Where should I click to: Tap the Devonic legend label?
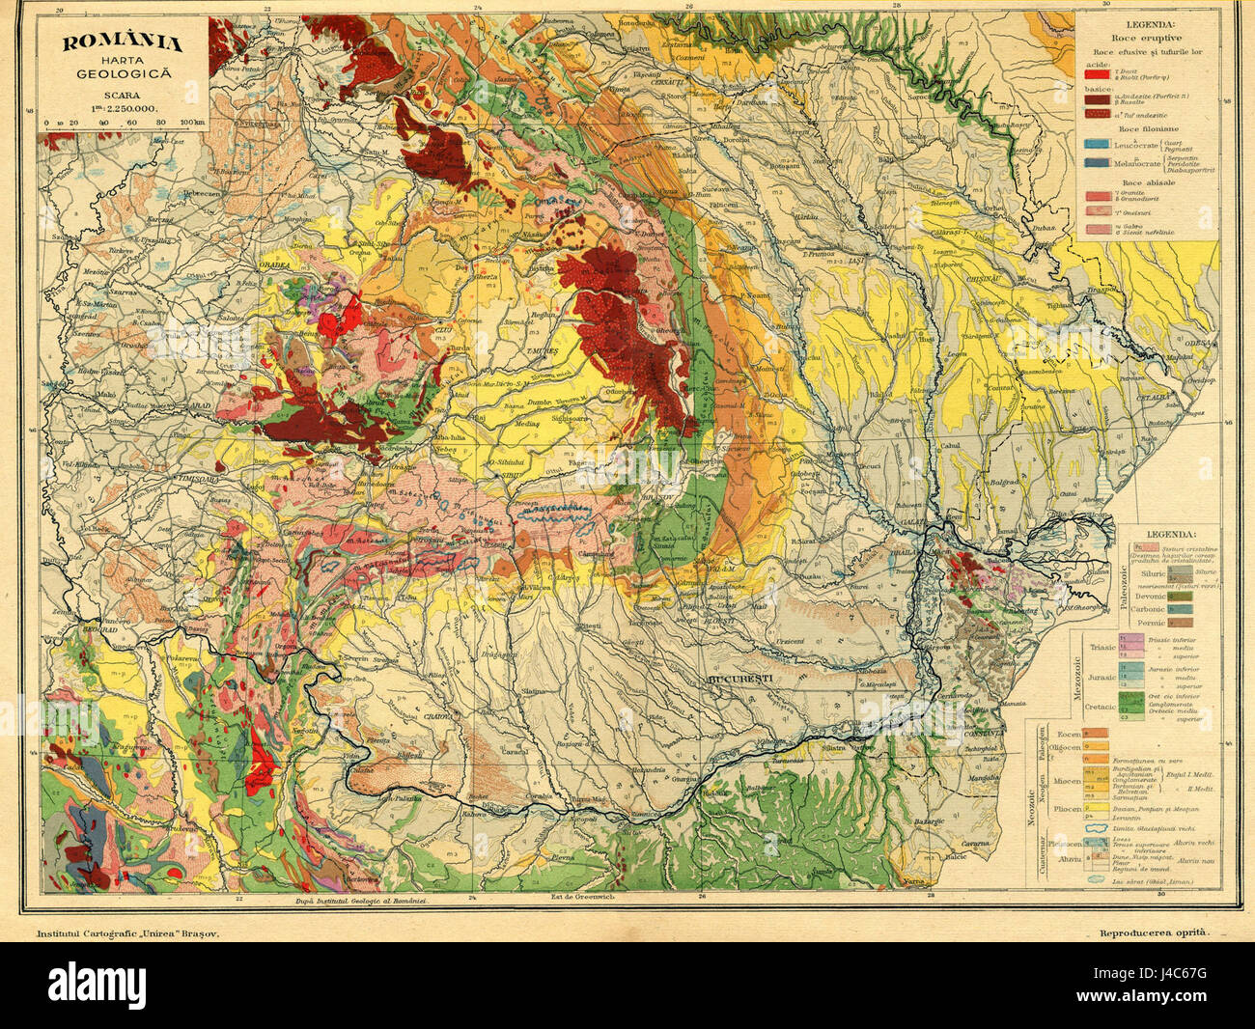pos(1154,596)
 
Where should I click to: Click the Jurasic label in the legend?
pos(1101,679)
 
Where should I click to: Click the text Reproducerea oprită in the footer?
pos(1153,934)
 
